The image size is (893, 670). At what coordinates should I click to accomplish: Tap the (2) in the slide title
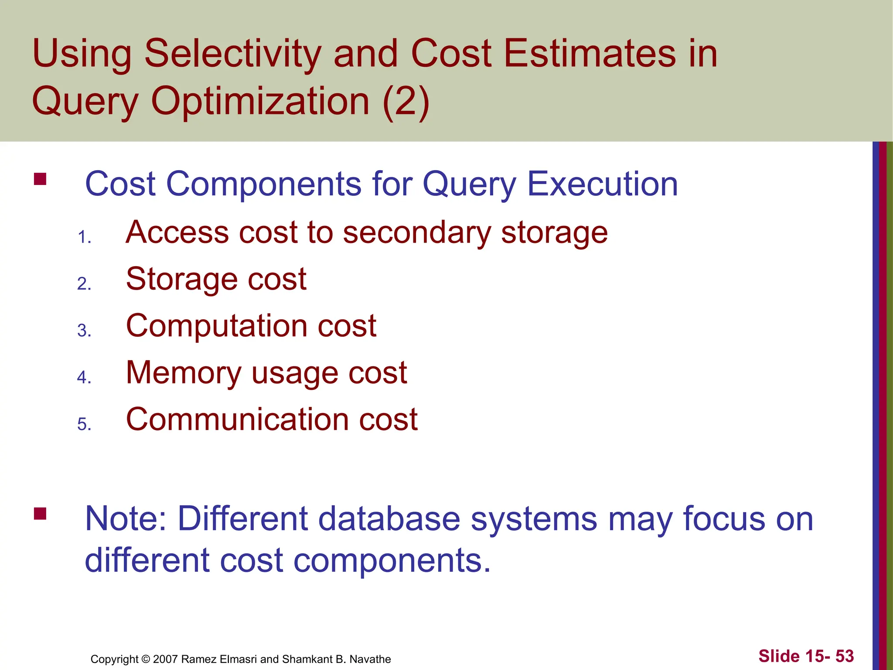pos(406,101)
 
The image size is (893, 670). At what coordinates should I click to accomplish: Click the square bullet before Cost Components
pos(40,179)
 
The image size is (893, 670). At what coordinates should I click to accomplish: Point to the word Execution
pos(603,184)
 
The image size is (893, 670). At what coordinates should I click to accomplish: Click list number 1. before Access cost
pos(84,238)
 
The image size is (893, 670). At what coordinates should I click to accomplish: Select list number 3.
pos(84,331)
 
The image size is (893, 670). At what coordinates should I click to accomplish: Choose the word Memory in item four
pos(183,373)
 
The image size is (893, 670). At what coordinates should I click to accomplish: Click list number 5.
pos(84,424)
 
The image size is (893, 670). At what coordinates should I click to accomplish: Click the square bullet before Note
pos(40,513)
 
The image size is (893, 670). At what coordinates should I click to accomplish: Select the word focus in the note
pos(724,519)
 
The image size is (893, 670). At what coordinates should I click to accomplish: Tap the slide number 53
pos(844,656)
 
